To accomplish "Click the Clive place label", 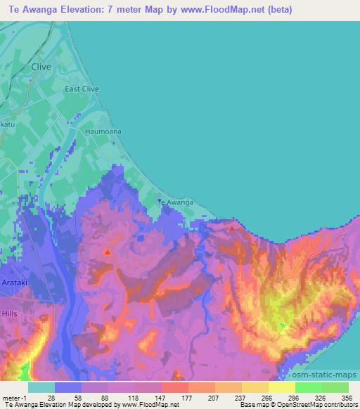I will point(42,67).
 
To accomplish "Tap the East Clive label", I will point(82,89).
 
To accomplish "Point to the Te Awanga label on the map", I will point(174,202).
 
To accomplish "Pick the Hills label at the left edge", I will point(9,313).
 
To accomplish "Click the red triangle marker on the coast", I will point(232,227).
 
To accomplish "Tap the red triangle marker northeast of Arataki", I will point(107,251).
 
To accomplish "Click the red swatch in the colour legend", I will point(174,387).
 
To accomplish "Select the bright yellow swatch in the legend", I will point(281,387).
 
